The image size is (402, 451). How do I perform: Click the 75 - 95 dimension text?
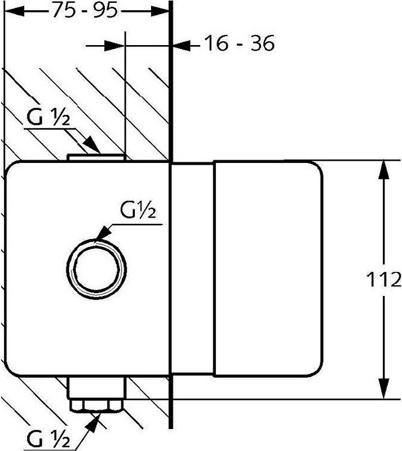tap(85, 11)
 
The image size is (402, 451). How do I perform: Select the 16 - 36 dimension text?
tap(240, 43)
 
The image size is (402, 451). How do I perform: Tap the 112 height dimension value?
tap(384, 279)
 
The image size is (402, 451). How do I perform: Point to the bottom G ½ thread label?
tap(48, 439)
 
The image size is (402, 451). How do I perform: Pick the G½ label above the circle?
tap(138, 210)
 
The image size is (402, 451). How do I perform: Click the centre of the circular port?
tap(96, 269)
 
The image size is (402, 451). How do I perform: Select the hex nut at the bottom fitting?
tap(96, 406)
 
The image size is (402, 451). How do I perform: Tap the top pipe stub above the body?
tap(96, 157)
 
